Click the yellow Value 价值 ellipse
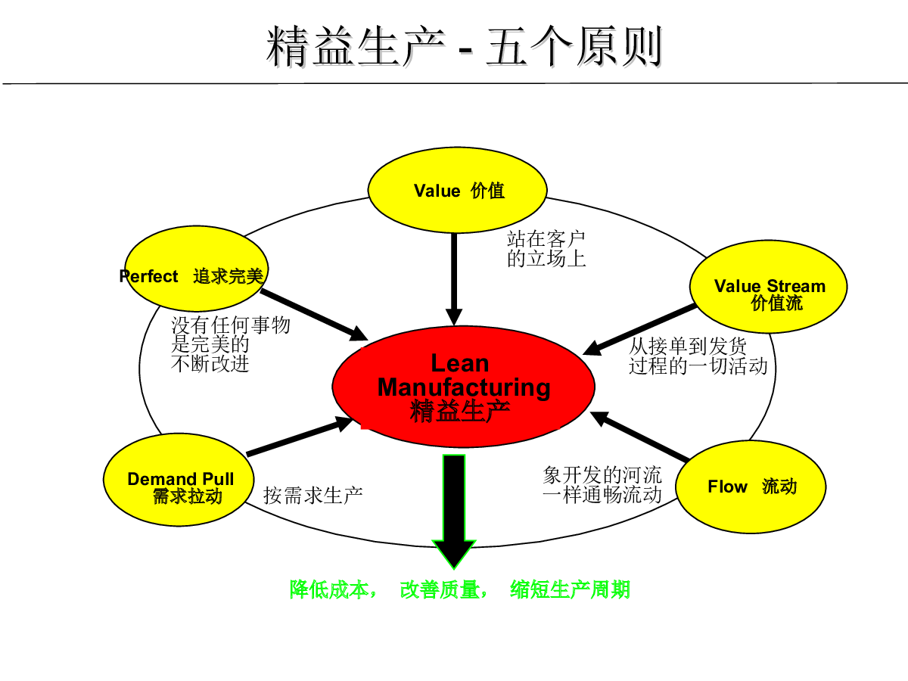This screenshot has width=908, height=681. tap(458, 190)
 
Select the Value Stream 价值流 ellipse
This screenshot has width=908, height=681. tap(768, 287)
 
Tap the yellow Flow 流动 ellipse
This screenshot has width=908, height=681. tap(751, 487)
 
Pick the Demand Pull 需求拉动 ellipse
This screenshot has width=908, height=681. tap(179, 480)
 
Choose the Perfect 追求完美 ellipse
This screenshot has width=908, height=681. tap(197, 269)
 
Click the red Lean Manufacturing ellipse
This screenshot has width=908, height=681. tap(463, 387)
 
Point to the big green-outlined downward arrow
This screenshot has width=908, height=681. tap(454, 512)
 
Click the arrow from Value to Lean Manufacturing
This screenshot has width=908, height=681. tap(454, 279)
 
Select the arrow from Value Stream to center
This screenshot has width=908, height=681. tap(639, 330)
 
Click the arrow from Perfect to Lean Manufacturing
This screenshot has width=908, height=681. tap(314, 315)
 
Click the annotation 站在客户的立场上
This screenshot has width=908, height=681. tap(546, 249)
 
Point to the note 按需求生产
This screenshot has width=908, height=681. tap(313, 496)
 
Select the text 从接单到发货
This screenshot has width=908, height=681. tap(688, 346)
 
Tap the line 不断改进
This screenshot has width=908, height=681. tap(210, 364)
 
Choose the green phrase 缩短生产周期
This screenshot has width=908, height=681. tap(570, 589)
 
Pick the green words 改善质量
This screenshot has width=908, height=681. tap(440, 589)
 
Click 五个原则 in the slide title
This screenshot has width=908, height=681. tap(574, 46)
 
